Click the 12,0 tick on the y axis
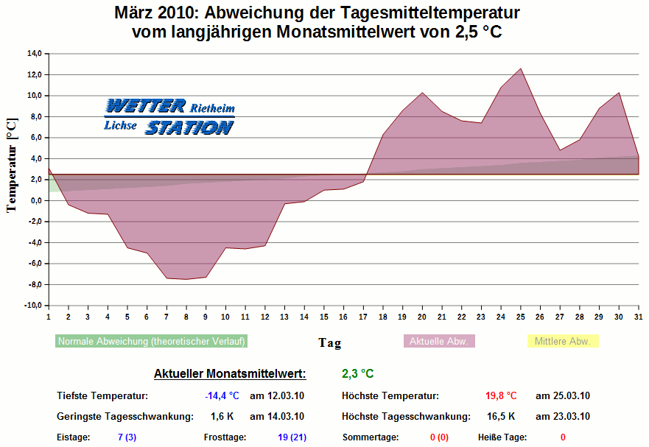coord(35,74)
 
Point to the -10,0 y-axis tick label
coord(33,306)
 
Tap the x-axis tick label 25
coord(520,317)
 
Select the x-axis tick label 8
coord(186,317)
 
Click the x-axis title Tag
coord(329,342)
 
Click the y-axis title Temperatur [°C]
coord(11,164)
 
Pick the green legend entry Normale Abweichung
coord(152,342)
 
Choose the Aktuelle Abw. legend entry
coord(439,342)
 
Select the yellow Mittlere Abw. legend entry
coord(563,342)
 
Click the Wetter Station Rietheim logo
coord(169,117)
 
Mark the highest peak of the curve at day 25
coord(521,68)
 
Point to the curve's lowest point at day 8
coord(186,279)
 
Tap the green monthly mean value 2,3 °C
coord(358,374)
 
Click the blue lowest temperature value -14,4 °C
coord(222,396)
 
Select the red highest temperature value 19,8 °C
coord(501,396)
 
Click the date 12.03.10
coord(277,396)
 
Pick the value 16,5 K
coord(501,417)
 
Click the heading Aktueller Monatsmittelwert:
coord(229,374)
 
